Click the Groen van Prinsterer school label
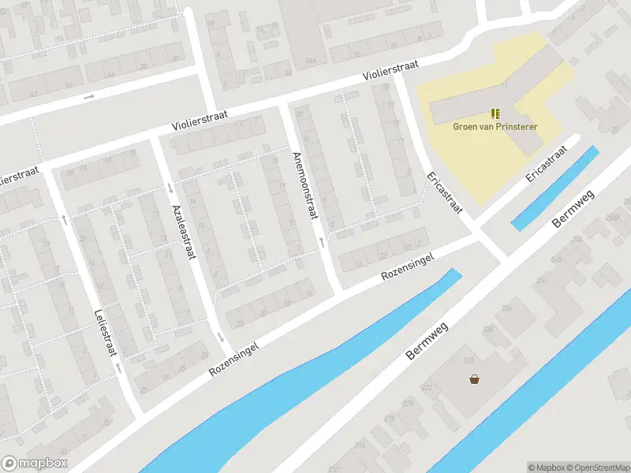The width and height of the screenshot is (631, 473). [495, 126]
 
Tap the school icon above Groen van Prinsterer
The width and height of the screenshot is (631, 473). [495, 114]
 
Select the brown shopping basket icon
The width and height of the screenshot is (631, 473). [474, 378]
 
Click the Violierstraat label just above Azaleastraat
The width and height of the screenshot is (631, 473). [201, 121]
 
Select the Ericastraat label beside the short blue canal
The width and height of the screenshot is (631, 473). [547, 164]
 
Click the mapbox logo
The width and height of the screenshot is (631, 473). [35, 464]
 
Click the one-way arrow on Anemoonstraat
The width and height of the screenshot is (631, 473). [321, 240]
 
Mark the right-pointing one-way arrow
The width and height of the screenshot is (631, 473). [88, 97]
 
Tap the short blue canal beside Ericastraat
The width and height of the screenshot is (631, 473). [555, 188]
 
